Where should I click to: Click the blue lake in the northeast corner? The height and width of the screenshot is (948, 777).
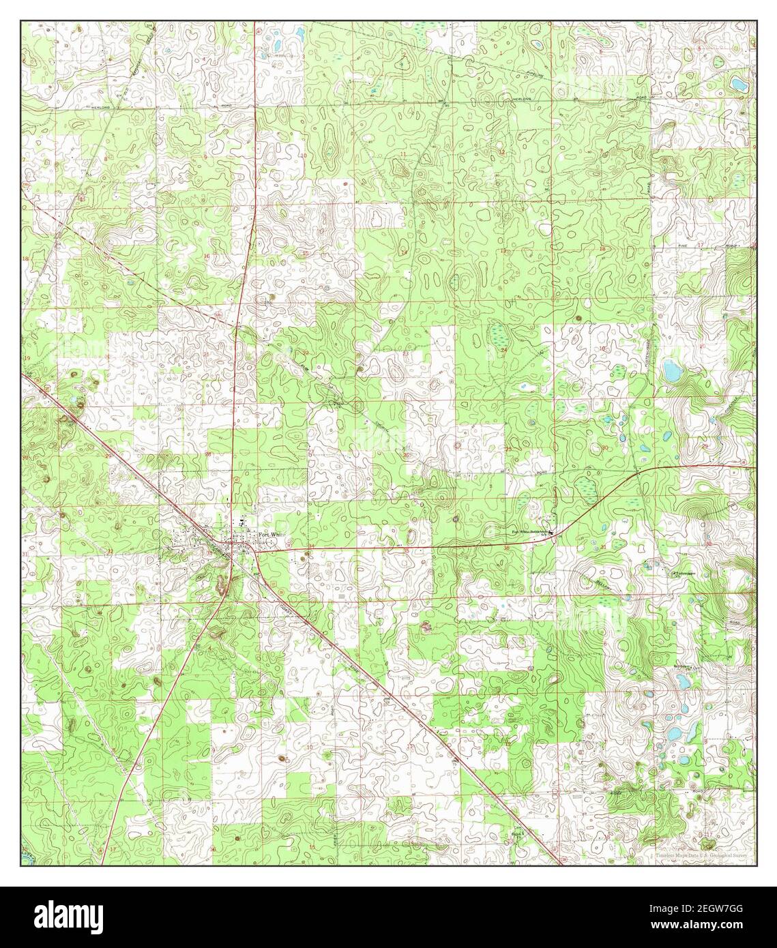coord(738,85)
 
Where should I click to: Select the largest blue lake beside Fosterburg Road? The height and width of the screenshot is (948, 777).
coord(671,372)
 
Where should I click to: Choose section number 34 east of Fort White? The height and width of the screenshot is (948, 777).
coord(311,546)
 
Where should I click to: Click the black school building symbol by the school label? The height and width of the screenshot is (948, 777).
coord(551,533)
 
